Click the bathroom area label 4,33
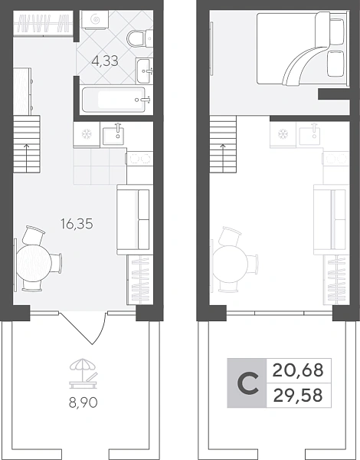[x=105, y=61]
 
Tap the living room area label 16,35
[x=77, y=224]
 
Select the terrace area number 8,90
[x=83, y=402]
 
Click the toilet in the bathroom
[x=140, y=38]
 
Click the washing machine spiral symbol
[x=96, y=20]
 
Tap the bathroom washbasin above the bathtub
[x=144, y=71]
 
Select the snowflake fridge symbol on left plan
[x=87, y=134]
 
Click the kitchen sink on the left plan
[x=113, y=135]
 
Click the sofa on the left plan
[x=134, y=219]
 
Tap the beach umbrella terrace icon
[x=83, y=373]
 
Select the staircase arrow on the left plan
[x=27, y=158]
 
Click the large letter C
[x=248, y=383]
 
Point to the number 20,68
[x=298, y=370]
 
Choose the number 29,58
[x=298, y=396]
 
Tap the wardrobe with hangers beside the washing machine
[x=43, y=24]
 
